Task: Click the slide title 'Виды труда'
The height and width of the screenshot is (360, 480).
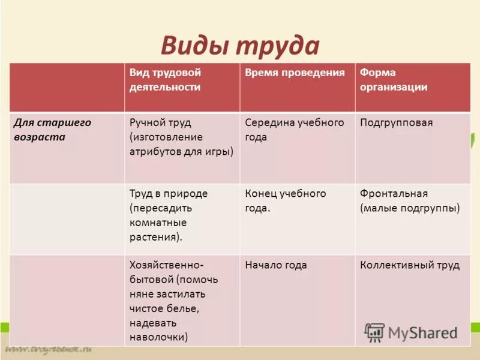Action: [x=239, y=46]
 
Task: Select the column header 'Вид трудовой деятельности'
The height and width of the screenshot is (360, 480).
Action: [x=165, y=80]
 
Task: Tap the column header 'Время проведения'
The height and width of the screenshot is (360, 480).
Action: [x=295, y=73]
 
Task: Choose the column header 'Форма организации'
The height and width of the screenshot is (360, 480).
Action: [x=394, y=80]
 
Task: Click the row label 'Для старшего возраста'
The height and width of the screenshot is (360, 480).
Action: [x=52, y=130]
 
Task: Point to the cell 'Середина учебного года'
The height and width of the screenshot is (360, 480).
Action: [x=295, y=130]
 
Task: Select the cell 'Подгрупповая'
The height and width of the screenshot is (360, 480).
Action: [x=396, y=122]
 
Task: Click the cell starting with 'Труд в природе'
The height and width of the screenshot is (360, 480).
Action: [x=169, y=215]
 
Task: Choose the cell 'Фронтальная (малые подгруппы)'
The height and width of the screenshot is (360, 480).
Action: [x=410, y=200]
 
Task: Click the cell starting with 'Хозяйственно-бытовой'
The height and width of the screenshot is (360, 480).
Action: [x=173, y=301]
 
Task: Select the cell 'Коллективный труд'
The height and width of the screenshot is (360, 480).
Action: [x=410, y=265]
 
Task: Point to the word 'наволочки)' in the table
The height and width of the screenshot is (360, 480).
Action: [x=158, y=337]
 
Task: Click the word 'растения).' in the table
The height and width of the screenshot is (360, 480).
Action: [x=156, y=236]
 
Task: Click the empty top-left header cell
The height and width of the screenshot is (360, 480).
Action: [x=67, y=87]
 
